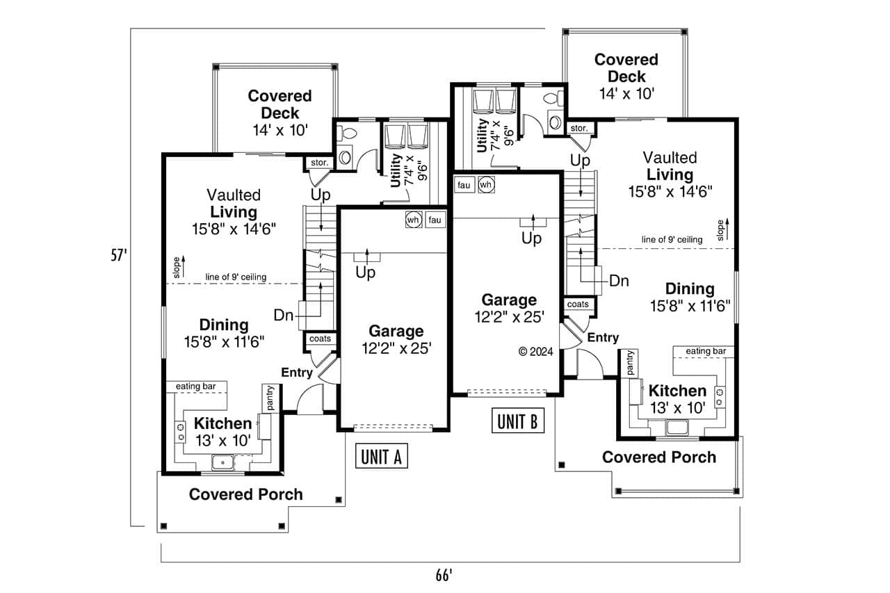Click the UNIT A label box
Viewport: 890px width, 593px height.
point(381,457)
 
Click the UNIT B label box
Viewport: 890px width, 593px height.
point(517,421)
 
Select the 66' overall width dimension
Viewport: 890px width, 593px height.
point(444,575)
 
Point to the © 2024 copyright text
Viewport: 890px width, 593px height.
point(536,352)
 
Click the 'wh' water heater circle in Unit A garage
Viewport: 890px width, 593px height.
point(413,220)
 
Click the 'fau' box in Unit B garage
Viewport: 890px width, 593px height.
point(464,185)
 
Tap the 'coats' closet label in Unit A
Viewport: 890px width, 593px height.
point(320,339)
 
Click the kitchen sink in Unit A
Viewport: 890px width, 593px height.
point(223,462)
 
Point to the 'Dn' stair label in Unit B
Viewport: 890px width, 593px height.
point(619,281)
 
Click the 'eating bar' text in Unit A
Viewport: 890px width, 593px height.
point(195,387)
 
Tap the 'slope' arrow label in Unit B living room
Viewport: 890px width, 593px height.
point(722,228)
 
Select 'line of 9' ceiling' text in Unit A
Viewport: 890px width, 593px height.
point(236,277)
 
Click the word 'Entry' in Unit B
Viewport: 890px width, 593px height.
point(603,338)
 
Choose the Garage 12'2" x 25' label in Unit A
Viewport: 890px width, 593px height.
point(396,340)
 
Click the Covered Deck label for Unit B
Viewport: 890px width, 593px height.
point(626,76)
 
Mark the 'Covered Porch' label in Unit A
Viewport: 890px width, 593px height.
point(246,495)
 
